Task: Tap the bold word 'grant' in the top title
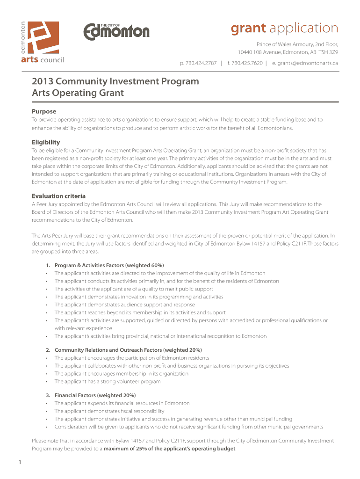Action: coord(248,29)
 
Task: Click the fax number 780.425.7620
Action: coord(247,63)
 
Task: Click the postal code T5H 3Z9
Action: coord(327,52)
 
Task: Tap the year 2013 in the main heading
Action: coord(43,81)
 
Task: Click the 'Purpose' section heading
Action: coord(43,111)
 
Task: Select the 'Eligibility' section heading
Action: coord(45,142)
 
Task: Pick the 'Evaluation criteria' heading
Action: coord(58,196)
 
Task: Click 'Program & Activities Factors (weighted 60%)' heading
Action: coord(109,265)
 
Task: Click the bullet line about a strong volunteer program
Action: coord(108,381)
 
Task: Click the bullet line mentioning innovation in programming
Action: coord(138,297)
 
